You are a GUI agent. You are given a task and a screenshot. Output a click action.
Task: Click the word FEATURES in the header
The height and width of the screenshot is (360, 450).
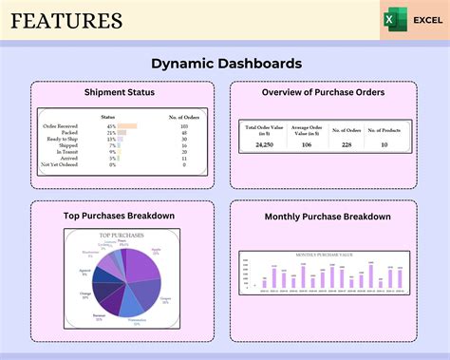(x=66, y=21)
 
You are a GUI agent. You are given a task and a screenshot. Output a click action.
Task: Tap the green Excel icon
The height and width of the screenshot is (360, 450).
(x=391, y=20)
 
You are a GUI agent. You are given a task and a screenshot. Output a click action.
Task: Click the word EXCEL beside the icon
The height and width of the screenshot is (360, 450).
(x=424, y=20)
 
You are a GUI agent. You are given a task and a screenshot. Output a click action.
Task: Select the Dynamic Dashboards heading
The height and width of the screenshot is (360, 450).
(x=226, y=64)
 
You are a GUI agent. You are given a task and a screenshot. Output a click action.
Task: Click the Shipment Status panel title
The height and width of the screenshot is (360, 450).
(x=120, y=92)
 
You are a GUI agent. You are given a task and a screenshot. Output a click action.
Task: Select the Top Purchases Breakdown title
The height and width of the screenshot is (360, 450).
(x=119, y=216)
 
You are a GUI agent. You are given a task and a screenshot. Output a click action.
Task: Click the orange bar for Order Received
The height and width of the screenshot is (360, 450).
(x=127, y=126)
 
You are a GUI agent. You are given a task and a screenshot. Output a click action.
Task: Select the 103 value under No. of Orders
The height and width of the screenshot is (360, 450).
(x=183, y=126)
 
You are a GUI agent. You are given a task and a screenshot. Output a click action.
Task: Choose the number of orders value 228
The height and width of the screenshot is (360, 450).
(x=347, y=145)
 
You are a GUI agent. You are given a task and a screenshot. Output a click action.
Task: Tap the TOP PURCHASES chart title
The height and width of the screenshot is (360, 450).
(x=120, y=234)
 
